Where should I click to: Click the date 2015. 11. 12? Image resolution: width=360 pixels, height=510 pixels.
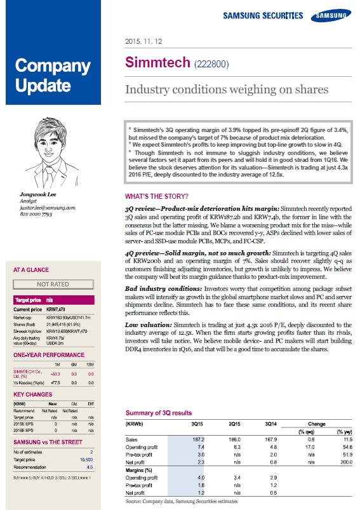[145, 43]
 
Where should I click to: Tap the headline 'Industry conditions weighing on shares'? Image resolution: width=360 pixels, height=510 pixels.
[226, 90]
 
